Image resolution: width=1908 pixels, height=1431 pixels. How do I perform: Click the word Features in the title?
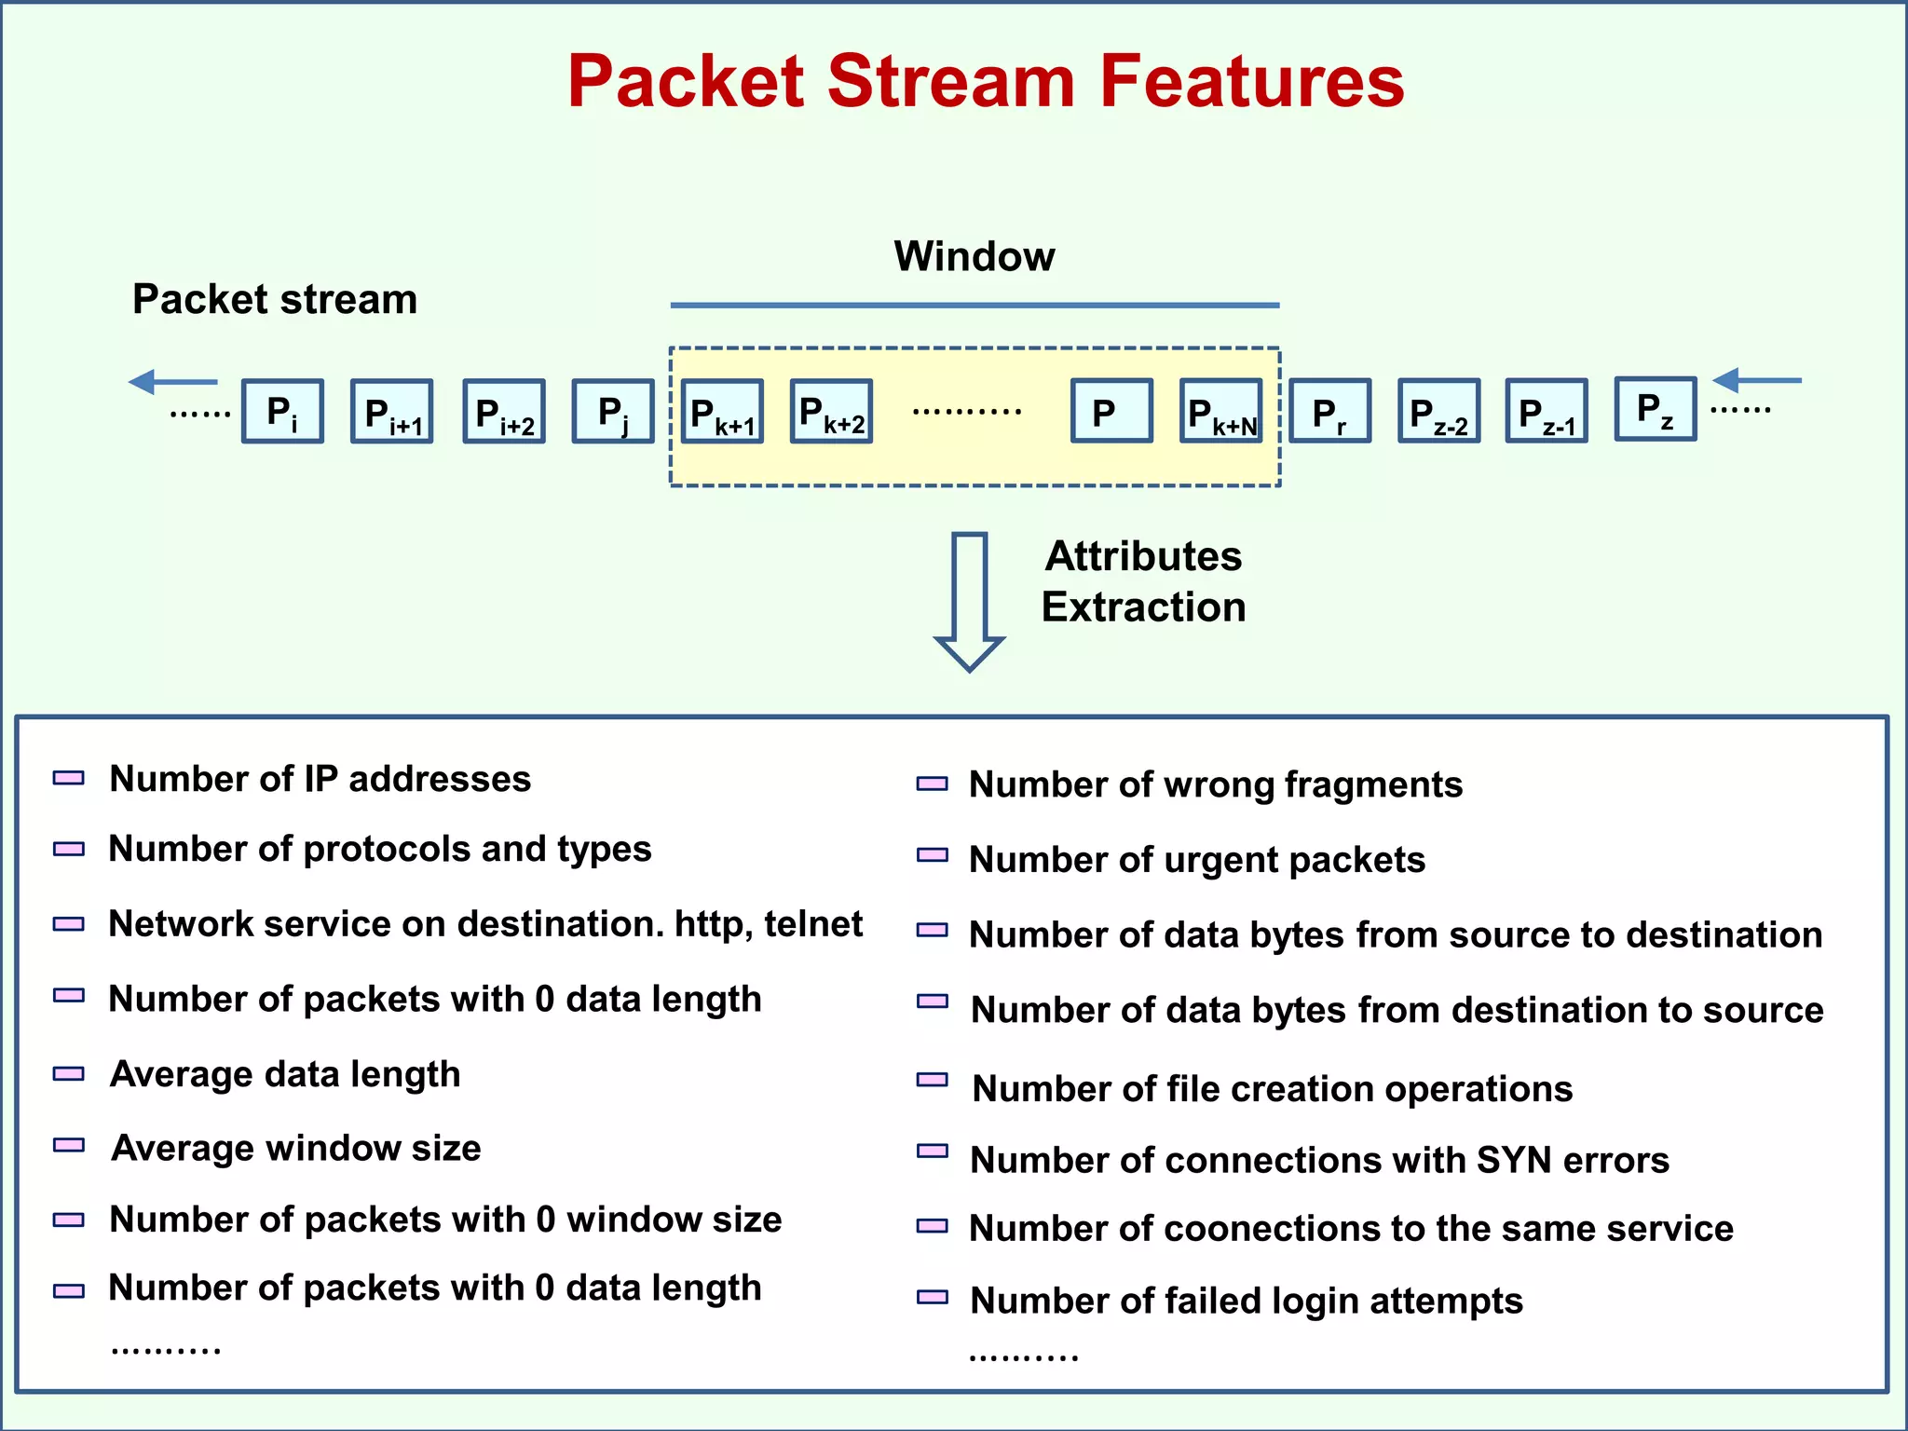tap(1250, 82)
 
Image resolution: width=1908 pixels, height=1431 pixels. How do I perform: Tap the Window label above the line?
tap(974, 256)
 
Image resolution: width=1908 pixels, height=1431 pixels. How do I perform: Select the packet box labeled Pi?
tap(282, 411)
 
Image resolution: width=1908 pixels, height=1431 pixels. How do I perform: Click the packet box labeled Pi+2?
tap(504, 411)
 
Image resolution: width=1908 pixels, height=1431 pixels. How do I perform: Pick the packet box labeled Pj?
tap(613, 411)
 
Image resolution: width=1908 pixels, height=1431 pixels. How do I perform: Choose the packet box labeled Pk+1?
tap(722, 411)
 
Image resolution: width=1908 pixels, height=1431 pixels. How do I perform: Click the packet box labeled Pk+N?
tap(1221, 411)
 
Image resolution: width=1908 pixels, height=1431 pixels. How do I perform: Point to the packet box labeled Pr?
tap(1330, 411)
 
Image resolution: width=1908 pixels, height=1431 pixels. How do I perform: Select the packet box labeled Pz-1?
tap(1547, 411)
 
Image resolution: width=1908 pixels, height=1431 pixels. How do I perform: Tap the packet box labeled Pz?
tap(1656, 409)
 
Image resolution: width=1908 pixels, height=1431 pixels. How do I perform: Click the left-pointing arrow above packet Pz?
tap(1756, 380)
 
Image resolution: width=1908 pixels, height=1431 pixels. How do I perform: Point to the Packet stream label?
tap(275, 300)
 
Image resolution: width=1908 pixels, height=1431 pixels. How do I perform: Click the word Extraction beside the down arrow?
tap(1143, 607)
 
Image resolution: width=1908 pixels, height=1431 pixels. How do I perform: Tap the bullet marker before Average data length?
tap(69, 1073)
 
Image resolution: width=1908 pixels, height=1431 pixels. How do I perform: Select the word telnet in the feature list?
tap(813, 924)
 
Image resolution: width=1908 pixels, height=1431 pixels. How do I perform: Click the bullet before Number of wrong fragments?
tap(933, 784)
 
